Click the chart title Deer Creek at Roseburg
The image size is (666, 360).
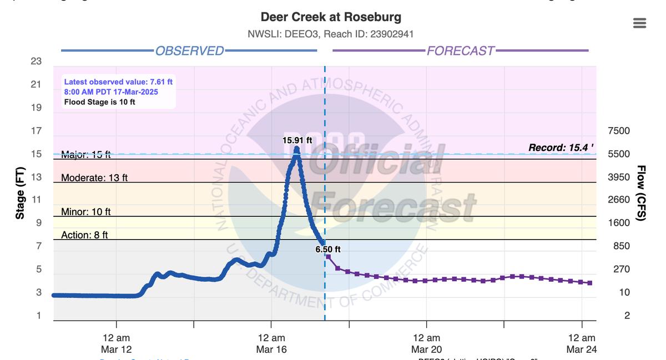[331, 17]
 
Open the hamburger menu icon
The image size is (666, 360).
[639, 23]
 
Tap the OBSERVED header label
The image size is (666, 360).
[189, 51]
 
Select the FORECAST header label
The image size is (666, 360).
[460, 51]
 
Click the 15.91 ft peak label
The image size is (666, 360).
[297, 140]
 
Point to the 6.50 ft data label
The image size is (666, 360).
[328, 250]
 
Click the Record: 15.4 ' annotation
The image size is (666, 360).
[561, 148]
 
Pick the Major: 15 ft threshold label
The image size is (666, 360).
[85, 155]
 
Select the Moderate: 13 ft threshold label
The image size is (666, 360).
[94, 178]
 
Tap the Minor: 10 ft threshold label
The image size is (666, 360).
[85, 212]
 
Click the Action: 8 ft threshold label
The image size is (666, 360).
[84, 235]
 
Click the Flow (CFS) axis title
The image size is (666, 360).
[640, 193]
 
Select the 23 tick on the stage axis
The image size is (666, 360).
[36, 61]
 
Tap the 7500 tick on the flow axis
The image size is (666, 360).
[619, 131]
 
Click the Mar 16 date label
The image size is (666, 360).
[271, 349]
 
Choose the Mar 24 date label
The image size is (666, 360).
[582, 349]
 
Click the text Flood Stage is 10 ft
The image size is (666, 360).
[99, 102]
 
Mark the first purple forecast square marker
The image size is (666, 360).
[328, 257]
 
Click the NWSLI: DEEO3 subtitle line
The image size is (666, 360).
[331, 34]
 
